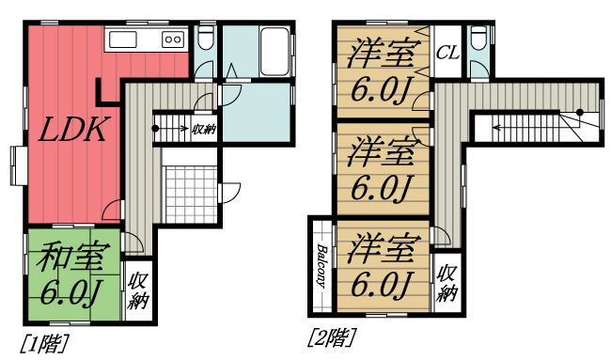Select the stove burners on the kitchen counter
173,39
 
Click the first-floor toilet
206,40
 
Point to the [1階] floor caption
43,343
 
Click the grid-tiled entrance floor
192,195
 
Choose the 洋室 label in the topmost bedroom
381,54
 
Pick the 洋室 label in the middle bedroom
381,150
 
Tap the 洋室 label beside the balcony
381,250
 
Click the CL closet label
446,53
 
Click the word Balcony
321,266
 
